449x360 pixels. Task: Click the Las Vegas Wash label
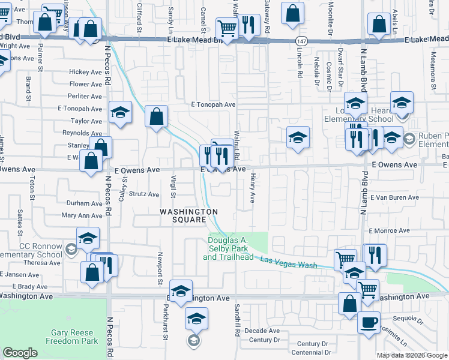coord(289,263)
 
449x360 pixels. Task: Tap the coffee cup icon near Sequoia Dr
coord(369,321)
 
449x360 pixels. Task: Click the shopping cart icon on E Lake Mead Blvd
coord(227,28)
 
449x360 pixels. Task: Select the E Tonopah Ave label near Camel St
coord(213,104)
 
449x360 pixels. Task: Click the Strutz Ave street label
coord(145,194)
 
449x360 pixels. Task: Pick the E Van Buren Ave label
coord(394,197)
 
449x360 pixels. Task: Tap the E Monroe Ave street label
coord(388,230)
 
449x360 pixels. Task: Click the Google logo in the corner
coord(20,353)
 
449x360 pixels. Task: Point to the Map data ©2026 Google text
coord(411,355)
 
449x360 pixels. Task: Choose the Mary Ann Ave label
coord(82,215)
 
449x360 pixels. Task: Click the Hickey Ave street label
coord(86,72)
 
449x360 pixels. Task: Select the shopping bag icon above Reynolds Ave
coord(156,118)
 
